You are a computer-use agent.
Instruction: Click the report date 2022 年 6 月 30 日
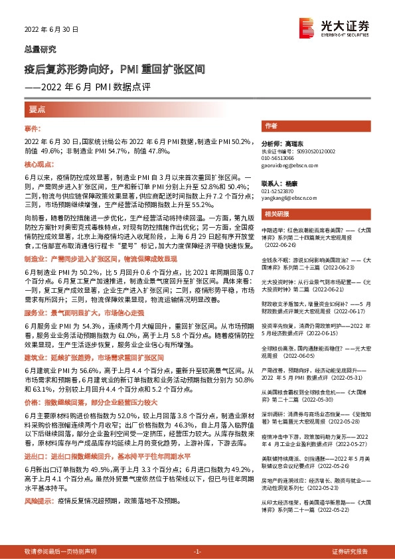click(x=52, y=30)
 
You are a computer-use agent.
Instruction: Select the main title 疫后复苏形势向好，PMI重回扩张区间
click(x=114, y=69)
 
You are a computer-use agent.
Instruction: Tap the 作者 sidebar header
click(x=289, y=125)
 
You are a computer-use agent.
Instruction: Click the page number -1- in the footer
click(x=197, y=552)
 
